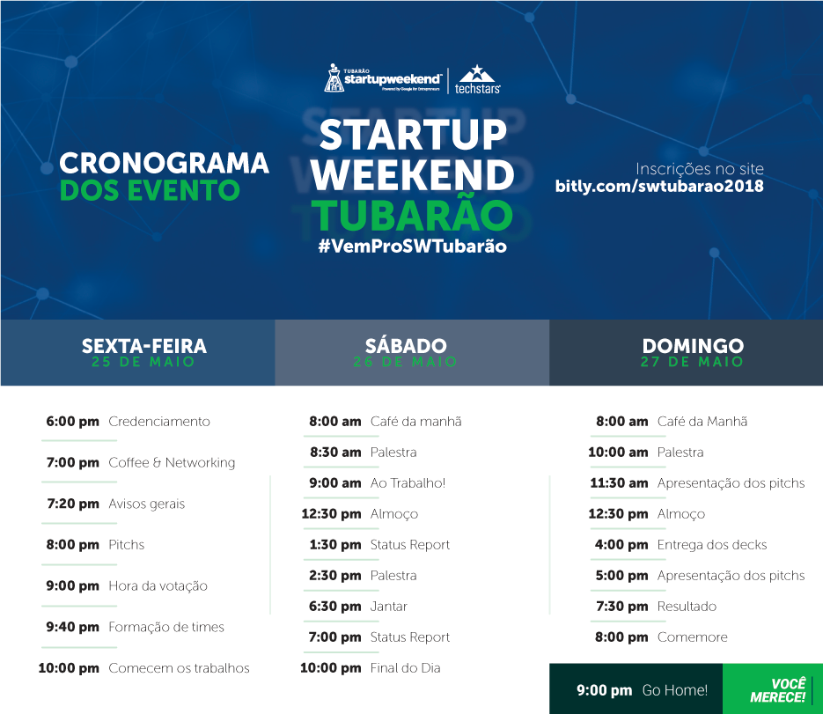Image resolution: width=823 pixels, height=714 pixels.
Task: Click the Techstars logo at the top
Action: pyautogui.click(x=477, y=79)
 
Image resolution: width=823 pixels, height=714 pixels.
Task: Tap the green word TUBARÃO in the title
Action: pyautogui.click(x=412, y=215)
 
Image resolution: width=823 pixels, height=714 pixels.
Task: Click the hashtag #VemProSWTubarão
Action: pyautogui.click(x=413, y=247)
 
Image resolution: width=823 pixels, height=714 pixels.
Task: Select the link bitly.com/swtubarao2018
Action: pyautogui.click(x=659, y=187)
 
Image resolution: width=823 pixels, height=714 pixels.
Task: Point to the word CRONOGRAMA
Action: pyautogui.click(x=164, y=163)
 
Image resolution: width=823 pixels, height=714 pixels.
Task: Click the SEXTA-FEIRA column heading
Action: pyautogui.click(x=144, y=346)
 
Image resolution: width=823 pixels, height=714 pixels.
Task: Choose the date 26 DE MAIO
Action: pyautogui.click(x=405, y=362)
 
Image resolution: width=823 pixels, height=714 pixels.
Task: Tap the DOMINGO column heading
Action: pyautogui.click(x=693, y=346)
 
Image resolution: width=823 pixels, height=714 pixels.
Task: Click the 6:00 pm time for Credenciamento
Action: pyautogui.click(x=72, y=422)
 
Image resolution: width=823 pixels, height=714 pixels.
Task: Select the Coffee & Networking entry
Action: pyautogui.click(x=172, y=462)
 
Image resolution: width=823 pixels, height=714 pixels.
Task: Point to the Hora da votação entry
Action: pyautogui.click(x=158, y=585)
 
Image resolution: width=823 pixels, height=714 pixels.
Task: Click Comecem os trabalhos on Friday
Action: pyautogui.click(x=179, y=668)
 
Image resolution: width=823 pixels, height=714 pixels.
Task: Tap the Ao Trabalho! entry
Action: pyautogui.click(x=408, y=483)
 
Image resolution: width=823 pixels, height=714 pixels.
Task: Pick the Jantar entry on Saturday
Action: pyautogui.click(x=389, y=607)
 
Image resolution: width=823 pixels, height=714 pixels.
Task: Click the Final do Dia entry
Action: pyautogui.click(x=405, y=668)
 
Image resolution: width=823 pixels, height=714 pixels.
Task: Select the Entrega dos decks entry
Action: pyautogui.click(x=712, y=545)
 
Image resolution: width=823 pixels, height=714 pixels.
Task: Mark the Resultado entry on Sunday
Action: pyautogui.click(x=687, y=607)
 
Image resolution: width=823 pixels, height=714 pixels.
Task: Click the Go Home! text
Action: pyautogui.click(x=675, y=690)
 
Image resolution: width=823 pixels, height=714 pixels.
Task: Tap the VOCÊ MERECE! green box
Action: pyautogui.click(x=773, y=688)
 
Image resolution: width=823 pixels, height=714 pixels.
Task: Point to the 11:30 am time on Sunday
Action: pyautogui.click(x=619, y=483)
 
